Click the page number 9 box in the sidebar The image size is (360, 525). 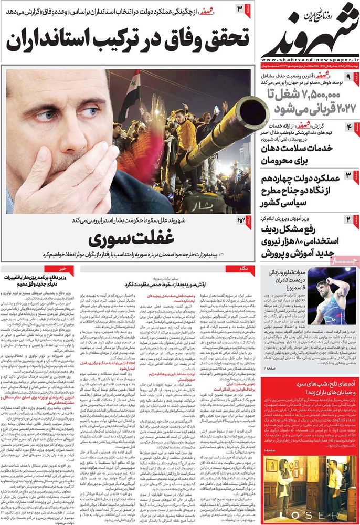pyautogui.click(x=348, y=78)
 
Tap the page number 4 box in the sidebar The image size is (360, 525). pyautogui.click(x=348, y=128)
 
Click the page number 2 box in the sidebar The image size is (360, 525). pyautogui.click(x=348, y=219)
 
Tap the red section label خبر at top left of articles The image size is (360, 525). pyautogui.click(x=78, y=269)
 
